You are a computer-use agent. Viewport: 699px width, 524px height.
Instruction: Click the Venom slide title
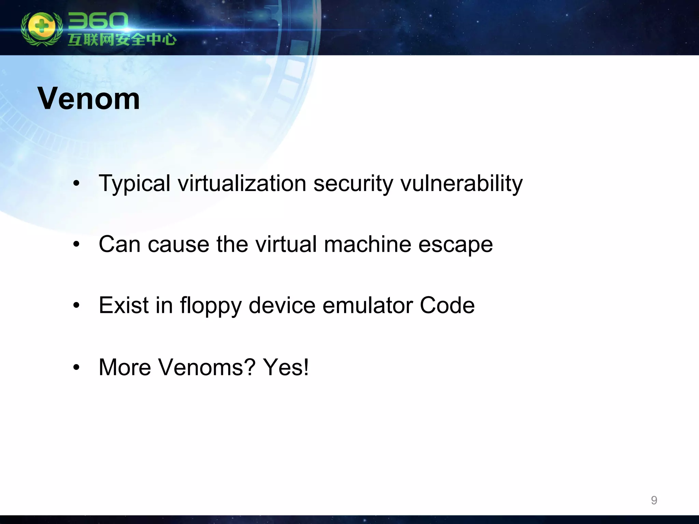(89, 99)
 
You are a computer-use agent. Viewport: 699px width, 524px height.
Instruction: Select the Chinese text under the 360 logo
(122, 40)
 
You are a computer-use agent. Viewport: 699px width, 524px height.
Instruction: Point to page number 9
(654, 500)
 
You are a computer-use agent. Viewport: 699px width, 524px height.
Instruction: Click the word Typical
(134, 184)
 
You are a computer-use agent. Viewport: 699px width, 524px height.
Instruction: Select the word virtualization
(242, 183)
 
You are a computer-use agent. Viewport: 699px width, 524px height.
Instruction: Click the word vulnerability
(461, 184)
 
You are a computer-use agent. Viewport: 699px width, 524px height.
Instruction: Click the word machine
(367, 244)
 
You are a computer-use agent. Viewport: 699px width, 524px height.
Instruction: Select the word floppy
(211, 306)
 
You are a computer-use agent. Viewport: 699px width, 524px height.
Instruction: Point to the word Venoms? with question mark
(206, 367)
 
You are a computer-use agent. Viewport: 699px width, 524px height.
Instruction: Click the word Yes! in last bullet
(286, 367)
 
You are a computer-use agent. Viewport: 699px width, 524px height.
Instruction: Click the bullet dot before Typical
(76, 184)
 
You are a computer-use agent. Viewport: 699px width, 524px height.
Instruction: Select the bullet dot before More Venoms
(76, 368)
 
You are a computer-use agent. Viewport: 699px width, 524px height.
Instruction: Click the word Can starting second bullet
(119, 244)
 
